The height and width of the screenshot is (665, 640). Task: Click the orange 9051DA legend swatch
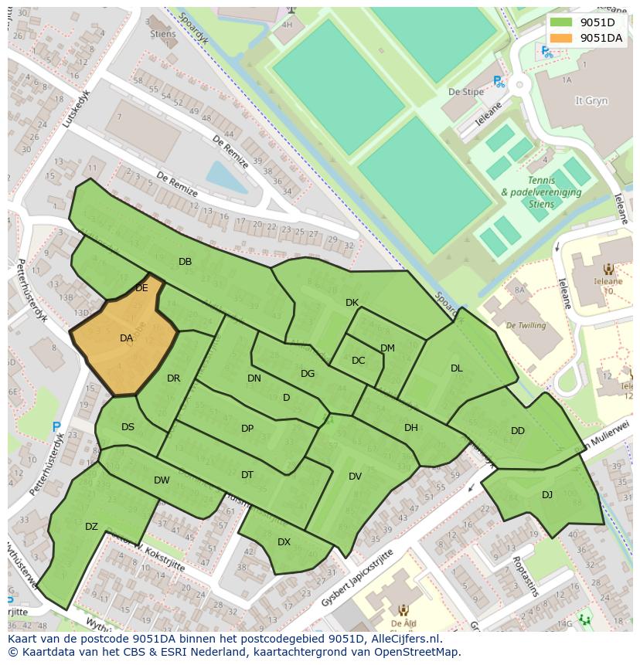coord(562,38)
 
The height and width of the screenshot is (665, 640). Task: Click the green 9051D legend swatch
coord(562,22)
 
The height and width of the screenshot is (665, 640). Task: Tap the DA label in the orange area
coord(127,338)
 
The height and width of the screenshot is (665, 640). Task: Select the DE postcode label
coord(141,287)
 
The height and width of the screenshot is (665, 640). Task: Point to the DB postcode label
coord(185,262)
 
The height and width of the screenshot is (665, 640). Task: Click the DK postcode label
coord(352,303)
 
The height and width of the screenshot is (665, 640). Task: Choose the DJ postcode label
coord(547,495)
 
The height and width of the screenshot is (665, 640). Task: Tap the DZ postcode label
coord(91,527)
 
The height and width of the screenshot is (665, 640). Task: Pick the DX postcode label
coord(284,542)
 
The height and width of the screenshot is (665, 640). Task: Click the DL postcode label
coord(456,368)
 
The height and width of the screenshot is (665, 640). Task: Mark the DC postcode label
coord(358,360)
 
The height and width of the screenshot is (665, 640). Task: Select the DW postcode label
coord(161,480)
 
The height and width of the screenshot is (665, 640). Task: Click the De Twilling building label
coord(526,325)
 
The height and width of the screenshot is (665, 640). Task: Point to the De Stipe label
coord(465,92)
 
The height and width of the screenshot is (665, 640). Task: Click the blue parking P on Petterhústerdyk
coord(56,426)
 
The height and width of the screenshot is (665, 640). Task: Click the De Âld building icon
coord(403,610)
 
